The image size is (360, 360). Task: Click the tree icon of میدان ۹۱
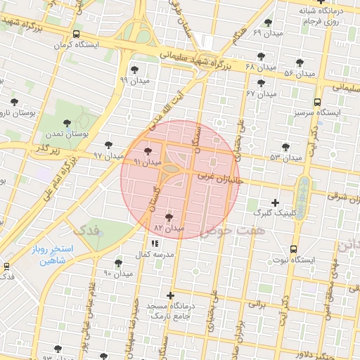148,150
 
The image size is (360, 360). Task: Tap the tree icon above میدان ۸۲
169,217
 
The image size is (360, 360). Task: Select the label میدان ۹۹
134,80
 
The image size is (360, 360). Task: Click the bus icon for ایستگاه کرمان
76,33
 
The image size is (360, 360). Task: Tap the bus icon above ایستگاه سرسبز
318,101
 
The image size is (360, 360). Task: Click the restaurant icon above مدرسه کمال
155,243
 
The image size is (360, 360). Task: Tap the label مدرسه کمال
155,254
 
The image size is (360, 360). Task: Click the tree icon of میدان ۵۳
285,146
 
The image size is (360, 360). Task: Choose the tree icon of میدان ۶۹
268,22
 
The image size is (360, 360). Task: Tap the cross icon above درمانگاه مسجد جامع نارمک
169,295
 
